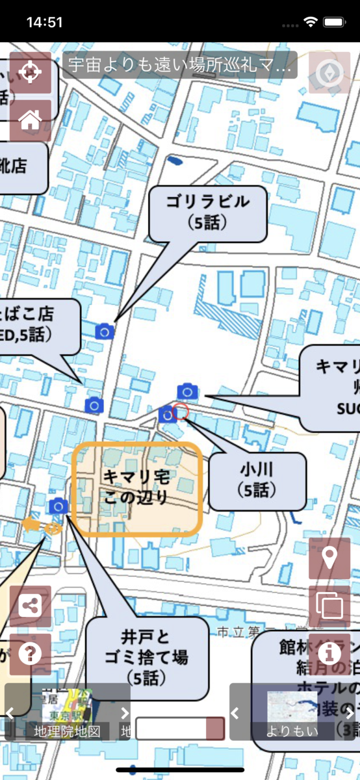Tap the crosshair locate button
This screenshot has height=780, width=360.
30,73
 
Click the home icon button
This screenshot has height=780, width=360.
30,120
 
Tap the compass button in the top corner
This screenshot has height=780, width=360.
329,73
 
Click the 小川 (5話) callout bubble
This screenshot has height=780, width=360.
257,481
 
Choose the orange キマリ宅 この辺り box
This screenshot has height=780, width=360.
137,488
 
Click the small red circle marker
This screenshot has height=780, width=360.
182,411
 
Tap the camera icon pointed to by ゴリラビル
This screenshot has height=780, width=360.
105,331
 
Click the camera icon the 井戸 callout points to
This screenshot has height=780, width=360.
58,506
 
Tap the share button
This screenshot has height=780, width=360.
30,606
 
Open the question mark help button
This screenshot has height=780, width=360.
30,654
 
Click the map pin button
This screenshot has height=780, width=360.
329,558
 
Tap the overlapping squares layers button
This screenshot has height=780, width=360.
329,606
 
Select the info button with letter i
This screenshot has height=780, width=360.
329,652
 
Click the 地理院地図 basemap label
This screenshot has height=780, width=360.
68,731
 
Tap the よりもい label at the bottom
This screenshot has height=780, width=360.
292,731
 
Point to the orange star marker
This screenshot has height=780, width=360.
30,524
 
